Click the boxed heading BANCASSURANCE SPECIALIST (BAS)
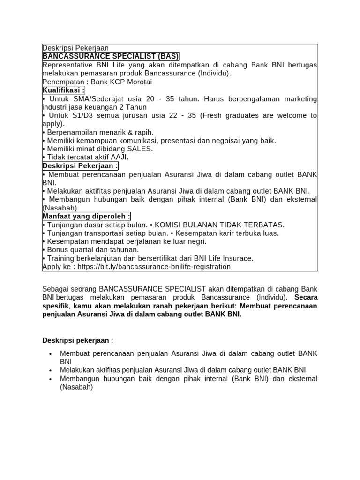click(111, 56)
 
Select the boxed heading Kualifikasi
click(64, 90)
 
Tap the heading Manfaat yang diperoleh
click(86, 216)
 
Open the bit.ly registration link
click(154, 267)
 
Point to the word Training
click(62, 258)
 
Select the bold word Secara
click(306, 297)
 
